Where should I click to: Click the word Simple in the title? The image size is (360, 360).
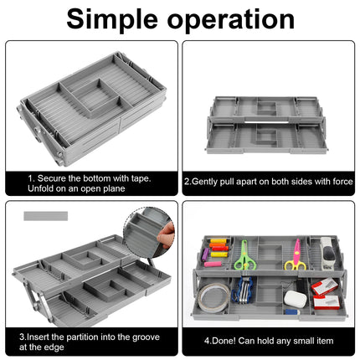tap(112, 19)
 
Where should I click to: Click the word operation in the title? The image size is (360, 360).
tap(231, 19)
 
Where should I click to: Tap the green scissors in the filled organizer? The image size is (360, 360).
tap(244, 255)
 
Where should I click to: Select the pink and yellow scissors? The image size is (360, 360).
tap(295, 255)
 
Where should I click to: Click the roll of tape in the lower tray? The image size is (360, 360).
tap(213, 298)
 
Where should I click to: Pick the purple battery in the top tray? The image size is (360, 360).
tap(205, 254)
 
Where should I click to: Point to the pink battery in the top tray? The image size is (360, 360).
tap(213, 264)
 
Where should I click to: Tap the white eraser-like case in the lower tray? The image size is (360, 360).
tap(296, 299)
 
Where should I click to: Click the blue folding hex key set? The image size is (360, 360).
tap(242, 290)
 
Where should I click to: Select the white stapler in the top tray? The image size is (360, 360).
tap(329, 254)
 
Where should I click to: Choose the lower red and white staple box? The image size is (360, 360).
tap(327, 302)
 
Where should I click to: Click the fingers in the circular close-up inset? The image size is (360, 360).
tap(167, 236)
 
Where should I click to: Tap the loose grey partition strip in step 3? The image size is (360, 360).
tap(46, 216)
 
